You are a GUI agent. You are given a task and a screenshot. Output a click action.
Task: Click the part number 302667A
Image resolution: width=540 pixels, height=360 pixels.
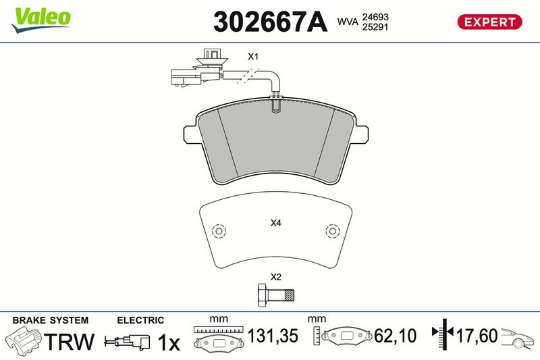(x=270, y=22)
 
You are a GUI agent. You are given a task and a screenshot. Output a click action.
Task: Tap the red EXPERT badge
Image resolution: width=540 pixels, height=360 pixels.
(x=489, y=22)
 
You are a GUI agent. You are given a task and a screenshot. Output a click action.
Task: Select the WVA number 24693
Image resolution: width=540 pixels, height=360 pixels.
(x=375, y=16)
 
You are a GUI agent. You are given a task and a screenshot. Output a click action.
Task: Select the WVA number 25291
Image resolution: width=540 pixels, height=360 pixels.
(x=375, y=27)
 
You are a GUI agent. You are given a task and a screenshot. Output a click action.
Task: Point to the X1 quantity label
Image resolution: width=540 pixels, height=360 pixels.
(x=253, y=57)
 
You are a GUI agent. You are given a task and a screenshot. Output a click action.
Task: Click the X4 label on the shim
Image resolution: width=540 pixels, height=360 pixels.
(x=275, y=224)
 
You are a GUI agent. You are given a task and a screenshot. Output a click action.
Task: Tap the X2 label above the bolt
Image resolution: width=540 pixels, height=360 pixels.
(x=275, y=277)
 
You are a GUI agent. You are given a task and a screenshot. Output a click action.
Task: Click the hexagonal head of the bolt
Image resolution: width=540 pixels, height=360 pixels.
(x=263, y=295)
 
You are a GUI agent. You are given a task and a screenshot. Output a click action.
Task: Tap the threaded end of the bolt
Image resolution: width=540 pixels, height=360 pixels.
(x=290, y=295)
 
